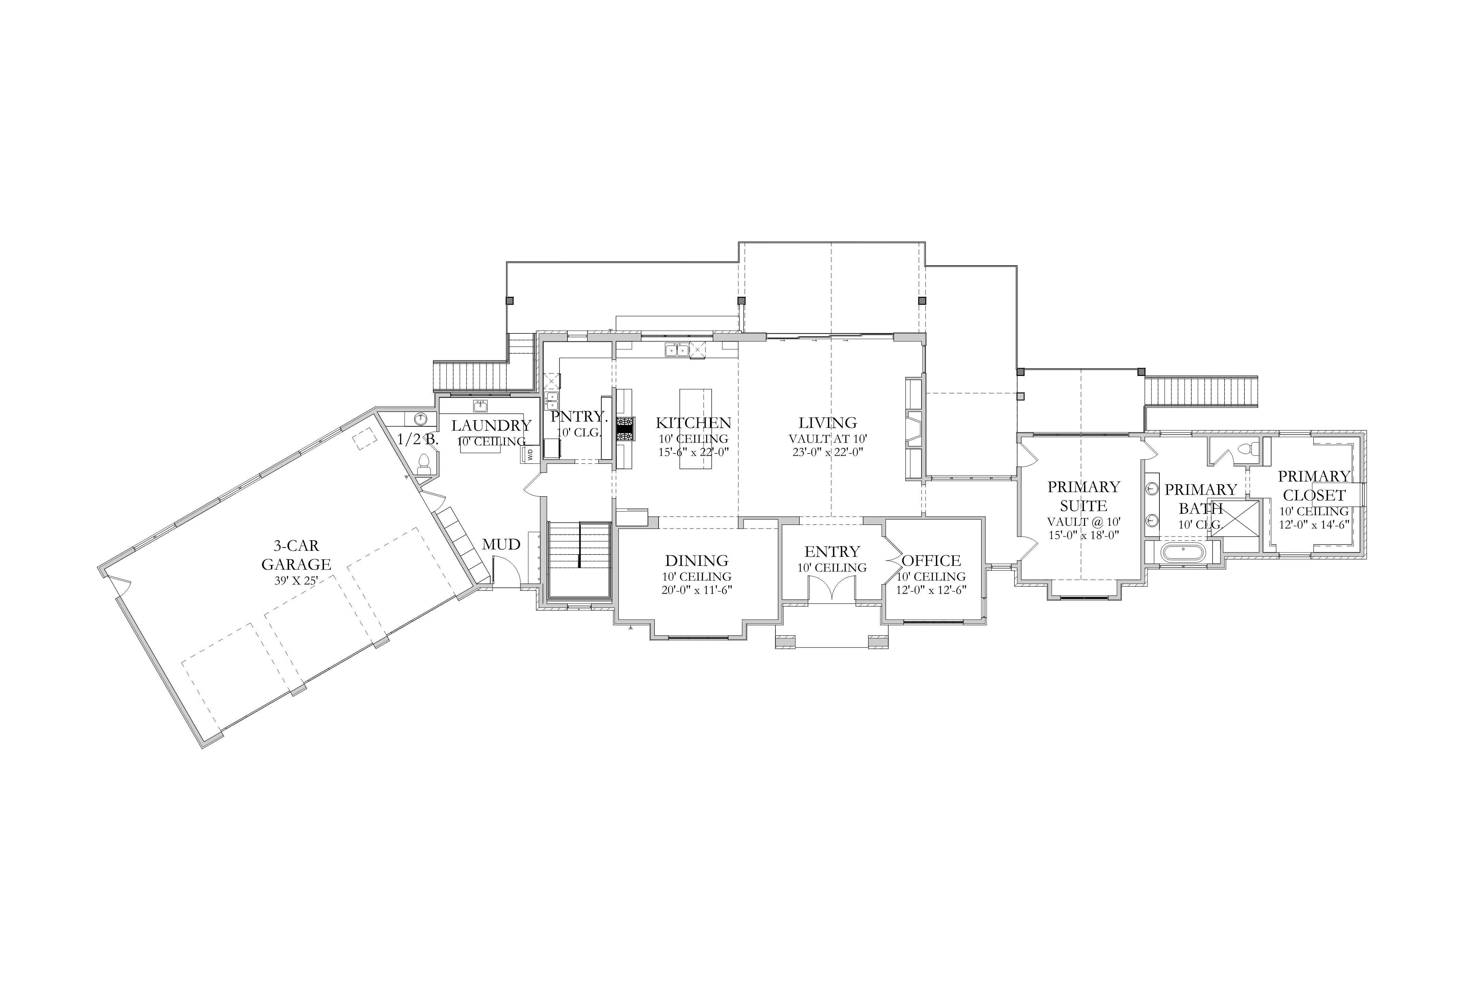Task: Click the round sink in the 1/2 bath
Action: pos(421,418)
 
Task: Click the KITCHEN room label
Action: pos(693,423)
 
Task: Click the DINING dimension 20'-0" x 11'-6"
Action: pos(696,590)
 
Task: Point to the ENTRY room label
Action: pos(832,552)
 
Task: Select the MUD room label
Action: pos(501,545)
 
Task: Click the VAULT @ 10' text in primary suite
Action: pos(1084,522)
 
